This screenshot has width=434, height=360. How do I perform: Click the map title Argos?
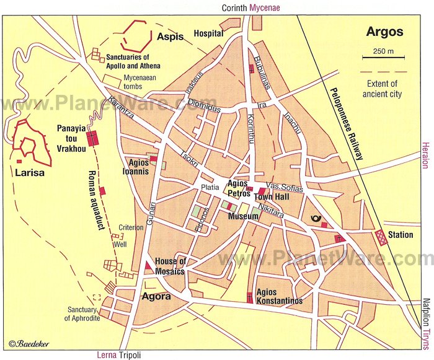pyautogui.click(x=384, y=32)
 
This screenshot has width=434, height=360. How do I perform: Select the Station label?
pyautogui.click(x=400, y=235)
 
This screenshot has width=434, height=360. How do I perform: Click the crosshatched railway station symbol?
pyautogui.click(x=380, y=236)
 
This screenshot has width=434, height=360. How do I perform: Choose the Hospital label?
pyautogui.click(x=208, y=33)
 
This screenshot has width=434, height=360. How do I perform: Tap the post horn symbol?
pyautogui.click(x=314, y=220)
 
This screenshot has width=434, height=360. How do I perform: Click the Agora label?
pyautogui.click(x=157, y=296)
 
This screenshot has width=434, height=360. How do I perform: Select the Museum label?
pyautogui.click(x=243, y=216)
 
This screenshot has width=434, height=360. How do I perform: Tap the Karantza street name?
pyautogui.click(x=122, y=107)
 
